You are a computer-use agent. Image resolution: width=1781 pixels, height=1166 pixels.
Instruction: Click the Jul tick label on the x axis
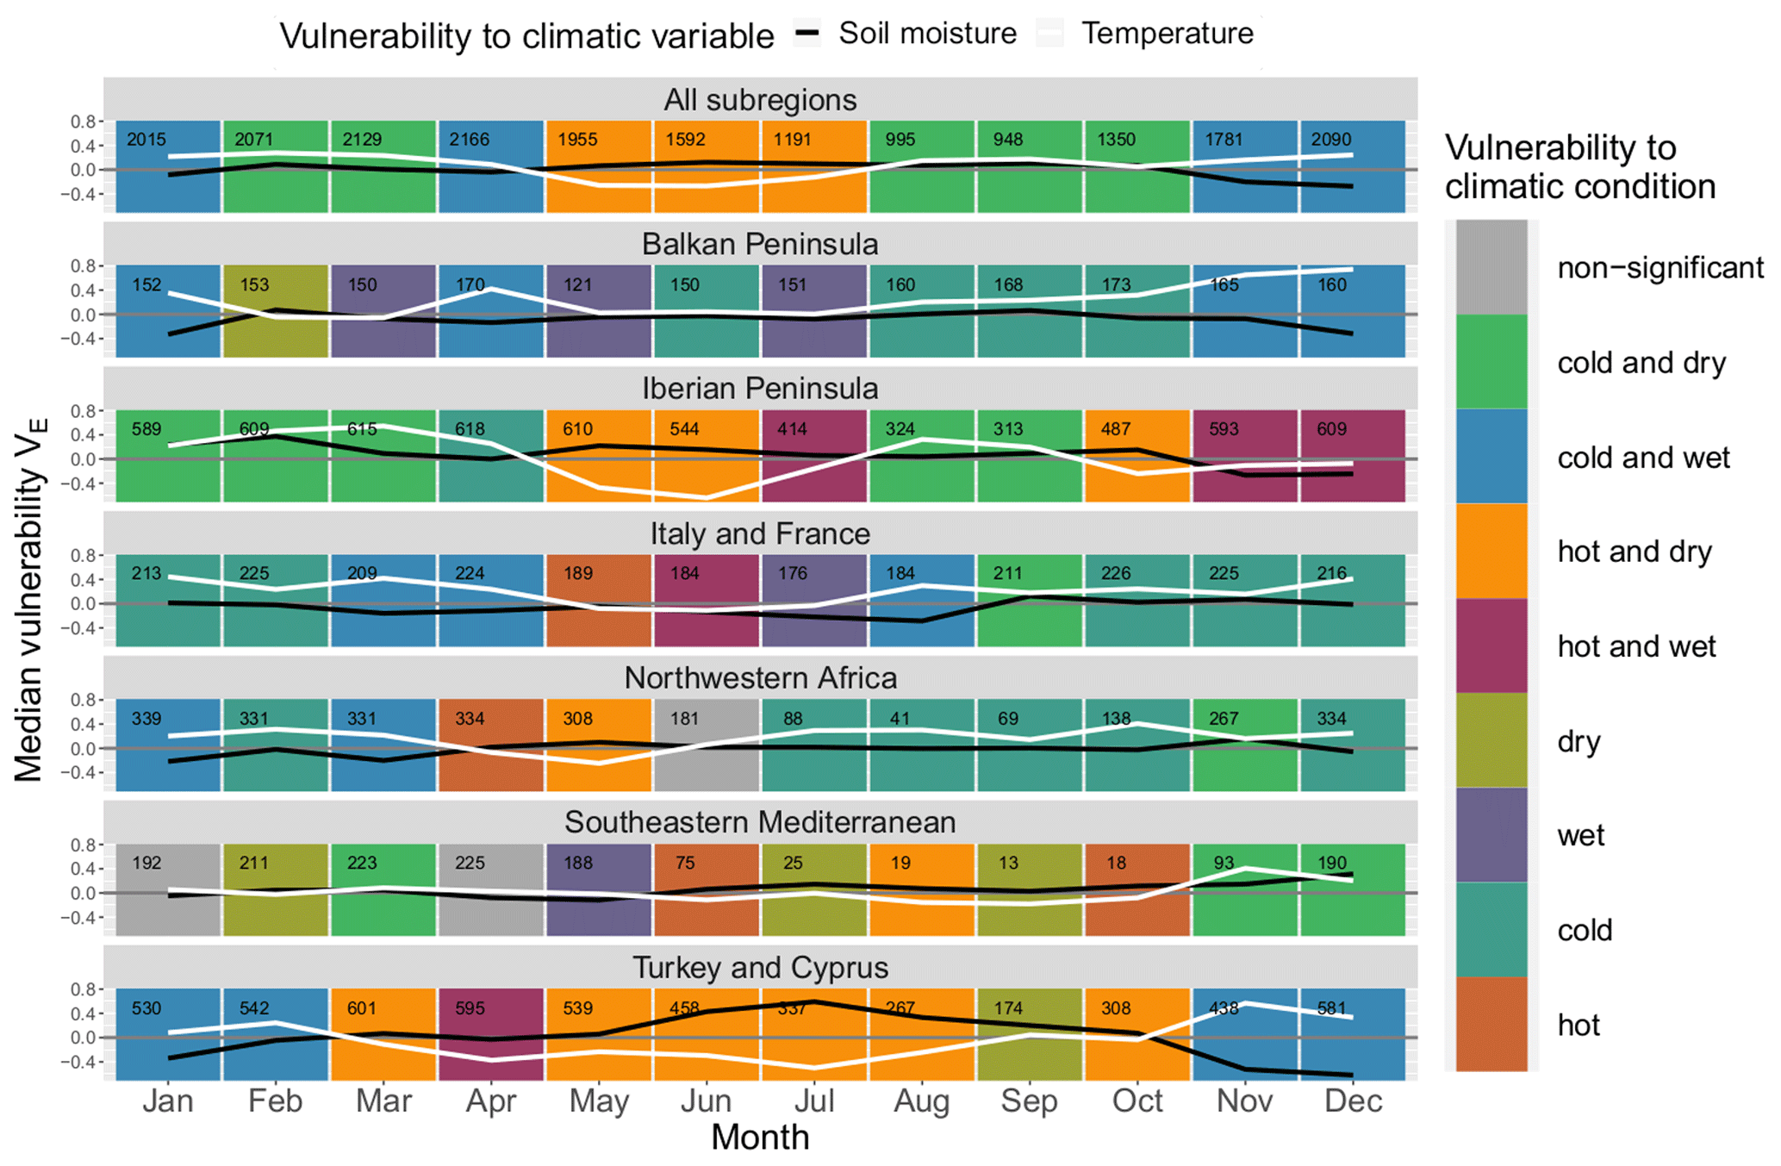point(813,1101)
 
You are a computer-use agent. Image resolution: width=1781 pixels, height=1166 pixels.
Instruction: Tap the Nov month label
point(1244,1101)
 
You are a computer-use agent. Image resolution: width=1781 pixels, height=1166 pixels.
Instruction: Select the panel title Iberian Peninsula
point(760,389)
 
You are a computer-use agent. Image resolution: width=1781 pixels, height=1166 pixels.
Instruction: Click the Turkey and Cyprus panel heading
point(760,967)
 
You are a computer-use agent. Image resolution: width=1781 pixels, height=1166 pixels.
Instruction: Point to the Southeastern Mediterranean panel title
point(760,822)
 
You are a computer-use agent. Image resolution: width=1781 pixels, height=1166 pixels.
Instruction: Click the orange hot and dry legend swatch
point(1491,552)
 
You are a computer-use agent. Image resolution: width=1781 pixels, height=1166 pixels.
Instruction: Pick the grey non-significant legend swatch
point(1491,267)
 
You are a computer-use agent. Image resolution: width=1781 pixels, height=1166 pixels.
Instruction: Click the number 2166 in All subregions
point(470,140)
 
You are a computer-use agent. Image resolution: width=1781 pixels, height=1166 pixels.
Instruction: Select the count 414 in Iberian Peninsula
point(792,428)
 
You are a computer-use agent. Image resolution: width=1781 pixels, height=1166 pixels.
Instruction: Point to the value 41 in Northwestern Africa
point(900,718)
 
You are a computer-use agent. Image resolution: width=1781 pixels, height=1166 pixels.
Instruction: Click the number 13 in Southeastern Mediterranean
point(1007,863)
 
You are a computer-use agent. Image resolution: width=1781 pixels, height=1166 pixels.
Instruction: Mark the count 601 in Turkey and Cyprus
point(362,1007)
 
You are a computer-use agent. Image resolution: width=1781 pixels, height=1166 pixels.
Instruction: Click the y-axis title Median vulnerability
point(29,601)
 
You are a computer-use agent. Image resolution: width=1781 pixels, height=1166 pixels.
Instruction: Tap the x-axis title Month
point(760,1138)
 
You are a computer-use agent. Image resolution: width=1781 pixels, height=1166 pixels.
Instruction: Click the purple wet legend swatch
point(1491,835)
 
